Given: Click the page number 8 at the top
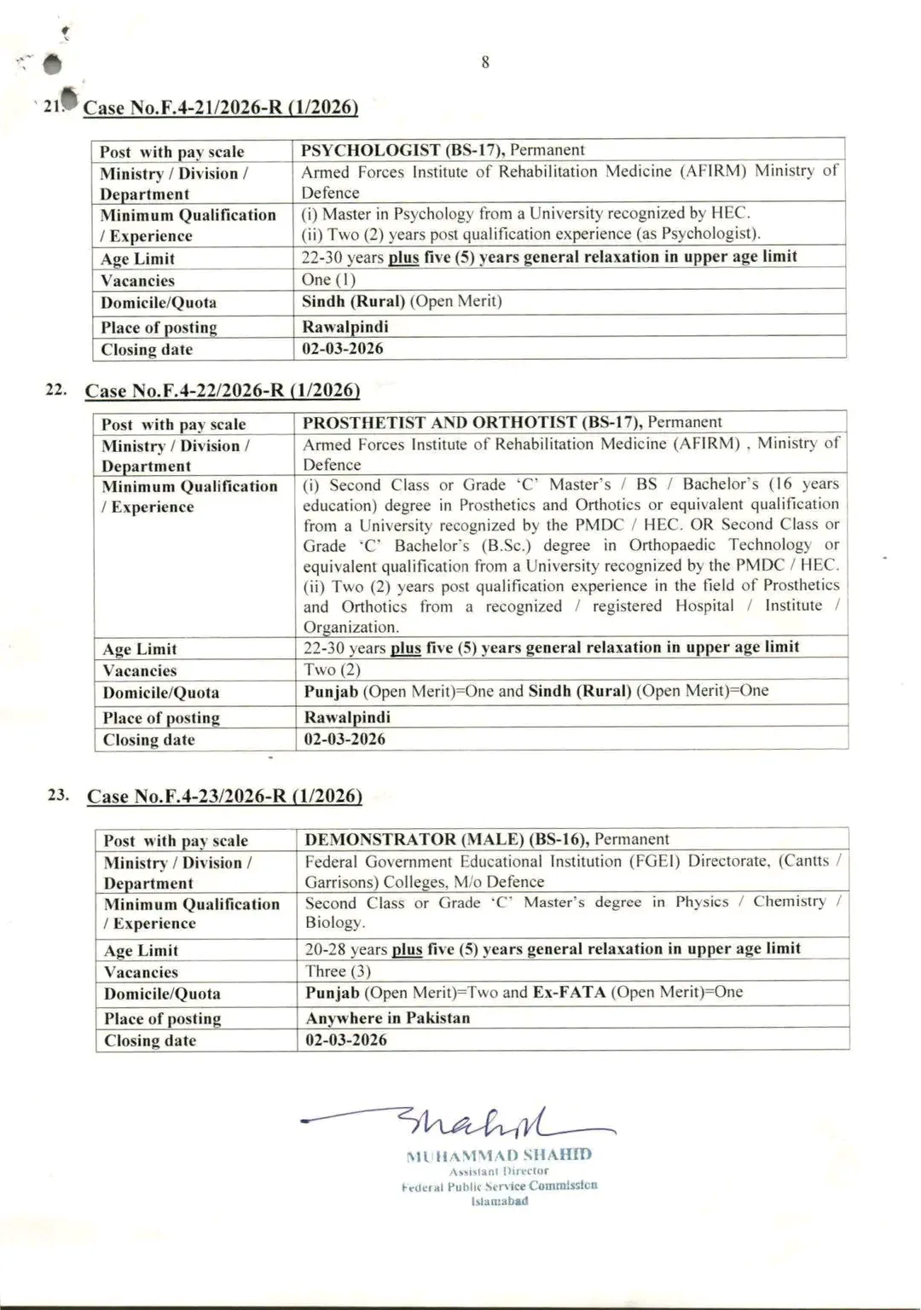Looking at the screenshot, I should (485, 62).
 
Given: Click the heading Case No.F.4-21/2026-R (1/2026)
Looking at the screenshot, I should (221, 107).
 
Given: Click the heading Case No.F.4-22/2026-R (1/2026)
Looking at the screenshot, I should (222, 391).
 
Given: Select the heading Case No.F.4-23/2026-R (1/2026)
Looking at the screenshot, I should (224, 796).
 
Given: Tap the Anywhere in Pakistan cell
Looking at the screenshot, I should (388, 1017).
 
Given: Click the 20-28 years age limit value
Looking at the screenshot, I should (346, 949).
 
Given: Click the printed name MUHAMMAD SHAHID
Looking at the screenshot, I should (499, 1156).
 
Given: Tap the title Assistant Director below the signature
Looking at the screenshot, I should (499, 1171).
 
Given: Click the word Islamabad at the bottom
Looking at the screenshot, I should (500, 1201).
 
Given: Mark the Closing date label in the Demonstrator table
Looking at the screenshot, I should (150, 1040).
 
